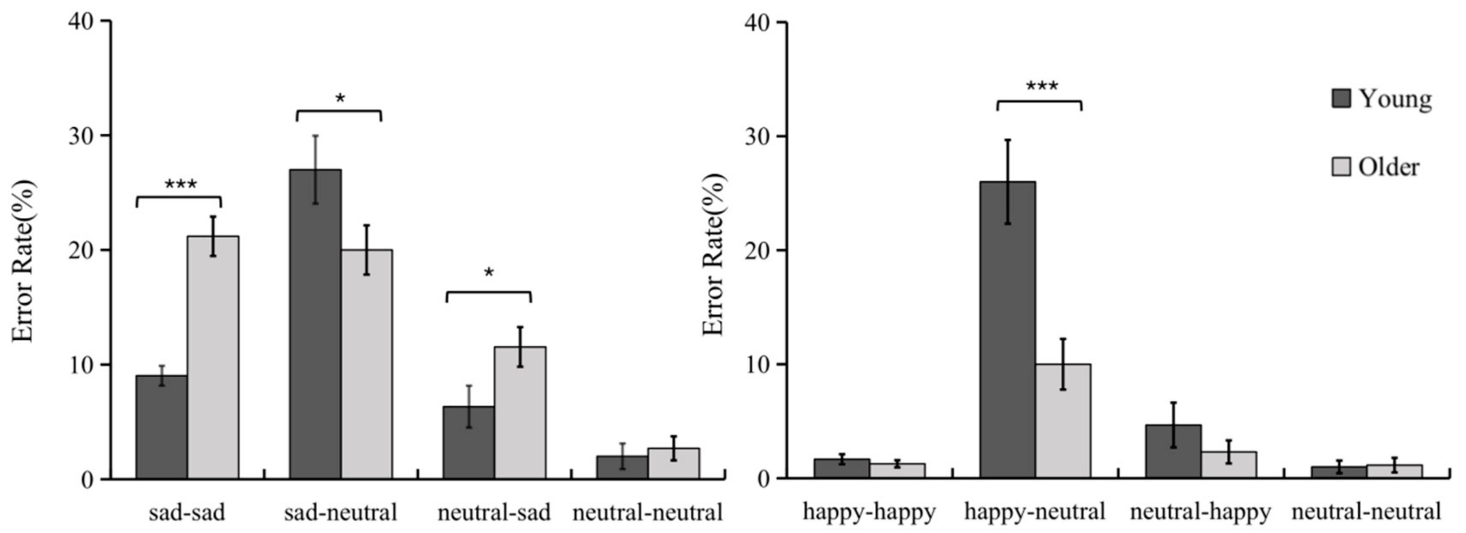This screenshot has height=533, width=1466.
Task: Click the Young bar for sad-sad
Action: pyautogui.click(x=161, y=427)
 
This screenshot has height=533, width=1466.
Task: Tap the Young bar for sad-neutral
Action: pyautogui.click(x=315, y=325)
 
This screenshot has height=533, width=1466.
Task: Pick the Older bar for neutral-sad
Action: pyautogui.click(x=520, y=413)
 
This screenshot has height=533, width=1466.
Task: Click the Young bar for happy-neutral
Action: pyautogui.click(x=1007, y=330)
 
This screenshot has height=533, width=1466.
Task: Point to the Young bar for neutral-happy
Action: pyautogui.click(x=1173, y=452)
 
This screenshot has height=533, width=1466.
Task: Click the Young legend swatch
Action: pyautogui.click(x=1341, y=98)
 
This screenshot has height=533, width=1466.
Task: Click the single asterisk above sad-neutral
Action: pyautogui.click(x=340, y=99)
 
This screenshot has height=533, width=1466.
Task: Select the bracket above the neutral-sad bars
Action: pyautogui.click(x=488, y=293)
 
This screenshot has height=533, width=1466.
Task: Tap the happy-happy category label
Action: pyautogui.click(x=869, y=512)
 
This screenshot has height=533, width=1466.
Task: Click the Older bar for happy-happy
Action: pyautogui.click(x=897, y=471)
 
